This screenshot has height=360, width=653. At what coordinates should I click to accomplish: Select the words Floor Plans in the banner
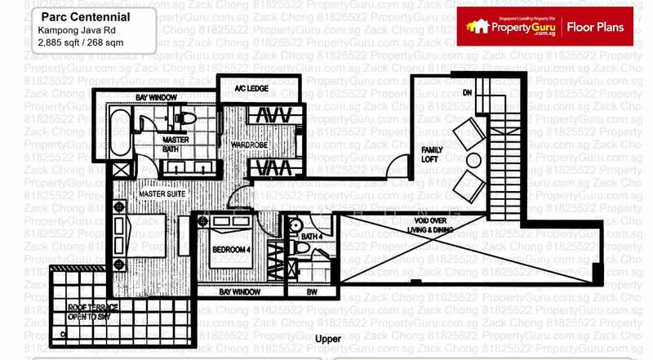coord(595,28)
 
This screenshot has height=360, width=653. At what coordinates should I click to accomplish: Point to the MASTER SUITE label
coord(160,193)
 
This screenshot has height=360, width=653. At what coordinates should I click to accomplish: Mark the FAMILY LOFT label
coord(432,154)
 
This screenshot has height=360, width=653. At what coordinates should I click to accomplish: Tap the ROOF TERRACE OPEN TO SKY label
coord(93,311)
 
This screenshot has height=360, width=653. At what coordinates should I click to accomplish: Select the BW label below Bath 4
coord(311,291)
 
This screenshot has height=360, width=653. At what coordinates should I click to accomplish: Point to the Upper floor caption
coord(327,337)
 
